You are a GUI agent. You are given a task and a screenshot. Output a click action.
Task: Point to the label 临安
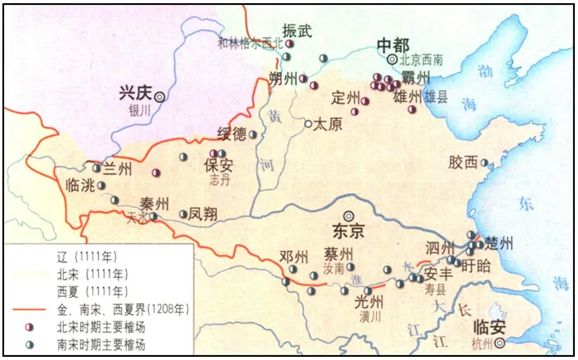tap(485, 327)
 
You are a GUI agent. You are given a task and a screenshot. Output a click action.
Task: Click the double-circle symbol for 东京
tap(348, 215)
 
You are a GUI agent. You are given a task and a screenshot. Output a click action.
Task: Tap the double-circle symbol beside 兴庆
tap(160, 95)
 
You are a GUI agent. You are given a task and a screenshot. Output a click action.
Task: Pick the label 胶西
tap(462, 162)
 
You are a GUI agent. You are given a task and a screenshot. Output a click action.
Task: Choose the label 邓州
tap(293, 257)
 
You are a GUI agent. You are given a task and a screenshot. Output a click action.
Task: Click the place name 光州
tap(368, 301)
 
